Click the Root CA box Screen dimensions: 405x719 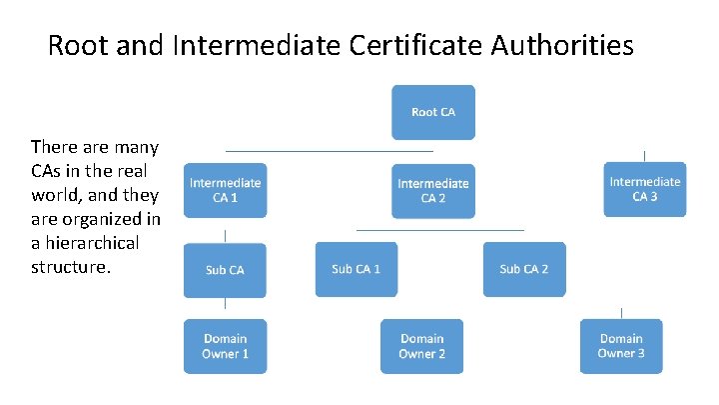(433, 112)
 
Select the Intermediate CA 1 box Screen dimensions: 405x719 (225, 190)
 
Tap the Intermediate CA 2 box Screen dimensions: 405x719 (433, 190)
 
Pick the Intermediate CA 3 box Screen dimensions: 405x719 (644, 189)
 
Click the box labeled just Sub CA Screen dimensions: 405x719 (225, 270)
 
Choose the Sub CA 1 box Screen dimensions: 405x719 (357, 269)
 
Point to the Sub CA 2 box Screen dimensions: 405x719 (523, 269)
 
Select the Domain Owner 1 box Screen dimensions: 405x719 (225, 346)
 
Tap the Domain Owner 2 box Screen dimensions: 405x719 (421, 346)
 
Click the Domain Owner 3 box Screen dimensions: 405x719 (621, 346)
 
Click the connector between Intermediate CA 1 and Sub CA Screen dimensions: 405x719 (225, 236)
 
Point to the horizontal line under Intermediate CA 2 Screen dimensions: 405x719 (439, 231)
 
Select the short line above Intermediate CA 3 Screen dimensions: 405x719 (644, 155)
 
